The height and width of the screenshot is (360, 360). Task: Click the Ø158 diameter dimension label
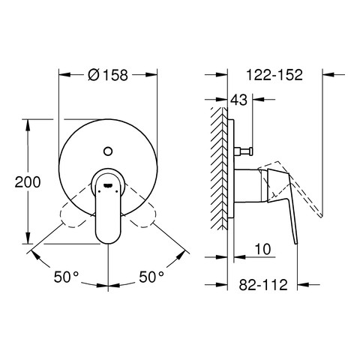coord(108,75)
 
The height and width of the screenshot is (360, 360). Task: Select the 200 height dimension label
coord(28,182)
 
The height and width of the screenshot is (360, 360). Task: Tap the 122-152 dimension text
coord(274,74)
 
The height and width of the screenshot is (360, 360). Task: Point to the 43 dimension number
coord(238,100)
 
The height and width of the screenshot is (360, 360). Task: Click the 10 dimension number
coord(262,249)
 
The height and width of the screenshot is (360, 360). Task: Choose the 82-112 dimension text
coord(263,285)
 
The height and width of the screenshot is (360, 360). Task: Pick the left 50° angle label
coord(66,277)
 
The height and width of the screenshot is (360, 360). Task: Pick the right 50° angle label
coord(151,277)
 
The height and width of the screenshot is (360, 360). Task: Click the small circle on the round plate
coord(108,151)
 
